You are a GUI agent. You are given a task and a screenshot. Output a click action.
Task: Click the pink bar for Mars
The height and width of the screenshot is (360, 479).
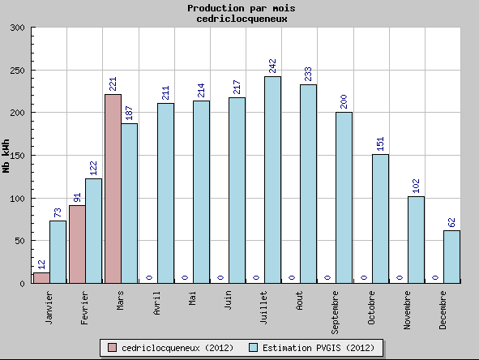click(x=113, y=189)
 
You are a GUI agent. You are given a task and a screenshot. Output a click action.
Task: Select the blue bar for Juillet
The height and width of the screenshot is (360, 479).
click(x=273, y=180)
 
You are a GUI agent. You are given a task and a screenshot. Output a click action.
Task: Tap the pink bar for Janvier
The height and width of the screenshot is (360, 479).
click(x=41, y=278)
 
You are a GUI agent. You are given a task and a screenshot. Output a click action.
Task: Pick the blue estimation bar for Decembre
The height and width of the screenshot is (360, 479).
click(x=451, y=257)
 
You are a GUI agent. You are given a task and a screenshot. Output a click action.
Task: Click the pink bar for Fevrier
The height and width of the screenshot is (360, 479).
click(x=77, y=244)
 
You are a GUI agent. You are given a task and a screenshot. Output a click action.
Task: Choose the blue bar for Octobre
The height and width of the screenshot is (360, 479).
click(x=380, y=219)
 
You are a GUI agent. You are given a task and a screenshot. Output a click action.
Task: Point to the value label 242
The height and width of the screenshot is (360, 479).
click(x=272, y=66)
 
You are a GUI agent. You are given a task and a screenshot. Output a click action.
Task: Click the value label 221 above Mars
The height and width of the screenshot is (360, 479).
click(x=113, y=84)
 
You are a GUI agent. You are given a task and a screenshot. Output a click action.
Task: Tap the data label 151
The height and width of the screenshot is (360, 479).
click(x=380, y=144)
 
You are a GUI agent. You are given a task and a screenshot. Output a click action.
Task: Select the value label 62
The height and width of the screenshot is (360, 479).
click(x=451, y=222)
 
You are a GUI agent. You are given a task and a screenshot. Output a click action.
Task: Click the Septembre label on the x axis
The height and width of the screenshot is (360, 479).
click(x=335, y=313)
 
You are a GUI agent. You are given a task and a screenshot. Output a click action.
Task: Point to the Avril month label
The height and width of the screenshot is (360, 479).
click(x=156, y=303)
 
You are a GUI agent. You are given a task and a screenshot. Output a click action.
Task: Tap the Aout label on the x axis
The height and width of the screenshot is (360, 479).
click(x=299, y=301)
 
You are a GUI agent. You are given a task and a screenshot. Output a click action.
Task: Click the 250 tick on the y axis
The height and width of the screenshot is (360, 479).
click(x=17, y=71)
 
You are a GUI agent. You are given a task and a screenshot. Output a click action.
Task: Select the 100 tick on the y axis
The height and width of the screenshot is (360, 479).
click(x=17, y=199)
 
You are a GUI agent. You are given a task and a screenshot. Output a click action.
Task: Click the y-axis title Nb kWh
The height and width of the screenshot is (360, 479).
click(x=6, y=156)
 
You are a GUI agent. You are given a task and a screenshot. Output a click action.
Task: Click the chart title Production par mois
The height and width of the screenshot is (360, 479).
click(x=242, y=8)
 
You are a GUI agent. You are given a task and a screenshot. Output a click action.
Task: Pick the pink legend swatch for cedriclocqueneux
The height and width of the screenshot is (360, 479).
click(x=112, y=348)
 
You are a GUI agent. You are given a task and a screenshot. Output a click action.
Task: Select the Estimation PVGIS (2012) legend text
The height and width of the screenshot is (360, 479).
click(x=319, y=348)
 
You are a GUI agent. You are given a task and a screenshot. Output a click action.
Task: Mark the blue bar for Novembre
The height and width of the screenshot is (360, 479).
click(x=416, y=240)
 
